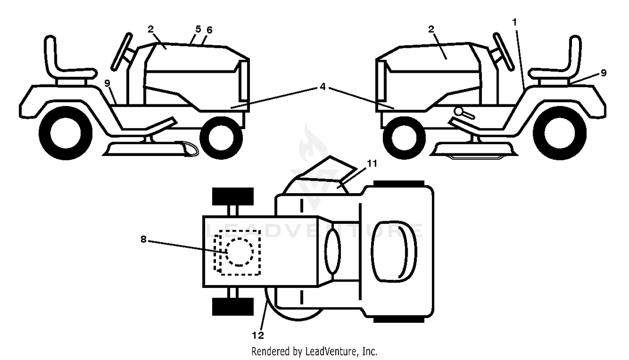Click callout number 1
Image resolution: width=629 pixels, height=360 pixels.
(x=515, y=22)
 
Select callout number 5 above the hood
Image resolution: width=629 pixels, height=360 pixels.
(x=198, y=29)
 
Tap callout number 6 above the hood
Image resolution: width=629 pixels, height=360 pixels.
(x=210, y=30)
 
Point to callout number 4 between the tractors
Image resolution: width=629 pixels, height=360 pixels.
(x=322, y=87)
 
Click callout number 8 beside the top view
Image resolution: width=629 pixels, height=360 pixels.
(x=143, y=239)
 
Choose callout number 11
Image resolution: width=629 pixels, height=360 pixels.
(x=372, y=163)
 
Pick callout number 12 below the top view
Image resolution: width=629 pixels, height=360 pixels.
(x=258, y=335)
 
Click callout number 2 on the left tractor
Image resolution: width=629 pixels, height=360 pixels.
(x=151, y=29)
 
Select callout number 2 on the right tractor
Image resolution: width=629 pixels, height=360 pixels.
(x=431, y=29)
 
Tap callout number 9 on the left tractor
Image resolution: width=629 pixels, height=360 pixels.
(x=107, y=83)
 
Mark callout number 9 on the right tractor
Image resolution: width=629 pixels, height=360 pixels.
(x=603, y=73)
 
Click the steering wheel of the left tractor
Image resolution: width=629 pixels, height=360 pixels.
(x=122, y=52)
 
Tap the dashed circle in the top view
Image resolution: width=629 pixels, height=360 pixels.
(x=239, y=252)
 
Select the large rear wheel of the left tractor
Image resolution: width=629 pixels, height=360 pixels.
(x=65, y=133)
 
